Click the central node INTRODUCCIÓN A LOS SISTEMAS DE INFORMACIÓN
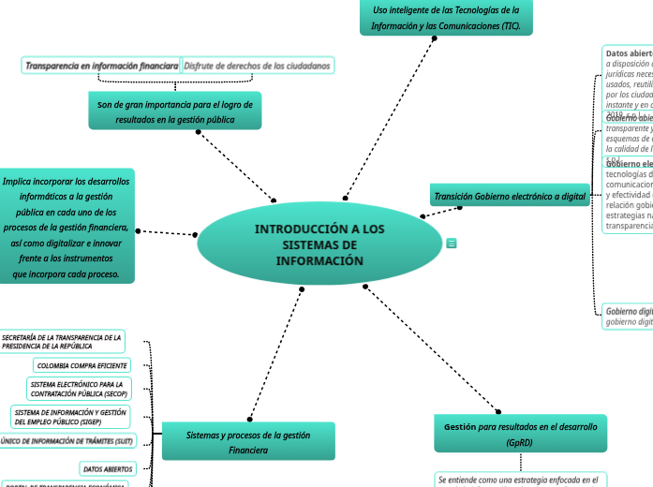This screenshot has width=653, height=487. click(319, 244)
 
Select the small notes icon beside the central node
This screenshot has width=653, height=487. click(452, 243)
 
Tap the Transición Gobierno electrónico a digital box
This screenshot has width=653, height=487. click(510, 197)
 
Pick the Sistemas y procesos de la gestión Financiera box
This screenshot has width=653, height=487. click(248, 442)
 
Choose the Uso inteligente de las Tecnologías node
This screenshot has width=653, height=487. click(446, 17)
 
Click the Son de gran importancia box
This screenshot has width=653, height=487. click(174, 111)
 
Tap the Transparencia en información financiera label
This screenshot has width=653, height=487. click(101, 66)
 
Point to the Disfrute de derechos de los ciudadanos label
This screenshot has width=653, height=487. click(257, 66)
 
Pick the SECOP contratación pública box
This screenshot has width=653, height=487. click(79, 390)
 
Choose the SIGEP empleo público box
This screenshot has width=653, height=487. click(70, 417)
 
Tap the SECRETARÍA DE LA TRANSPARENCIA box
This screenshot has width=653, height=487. click(62, 341)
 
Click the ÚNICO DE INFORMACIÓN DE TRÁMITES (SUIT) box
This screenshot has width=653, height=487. click(67, 441)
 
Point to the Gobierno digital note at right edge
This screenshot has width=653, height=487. click(629, 316)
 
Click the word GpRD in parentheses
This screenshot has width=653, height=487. click(520, 442)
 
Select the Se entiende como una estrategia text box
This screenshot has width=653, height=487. click(521, 480)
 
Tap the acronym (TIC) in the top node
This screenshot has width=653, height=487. click(512, 25)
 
